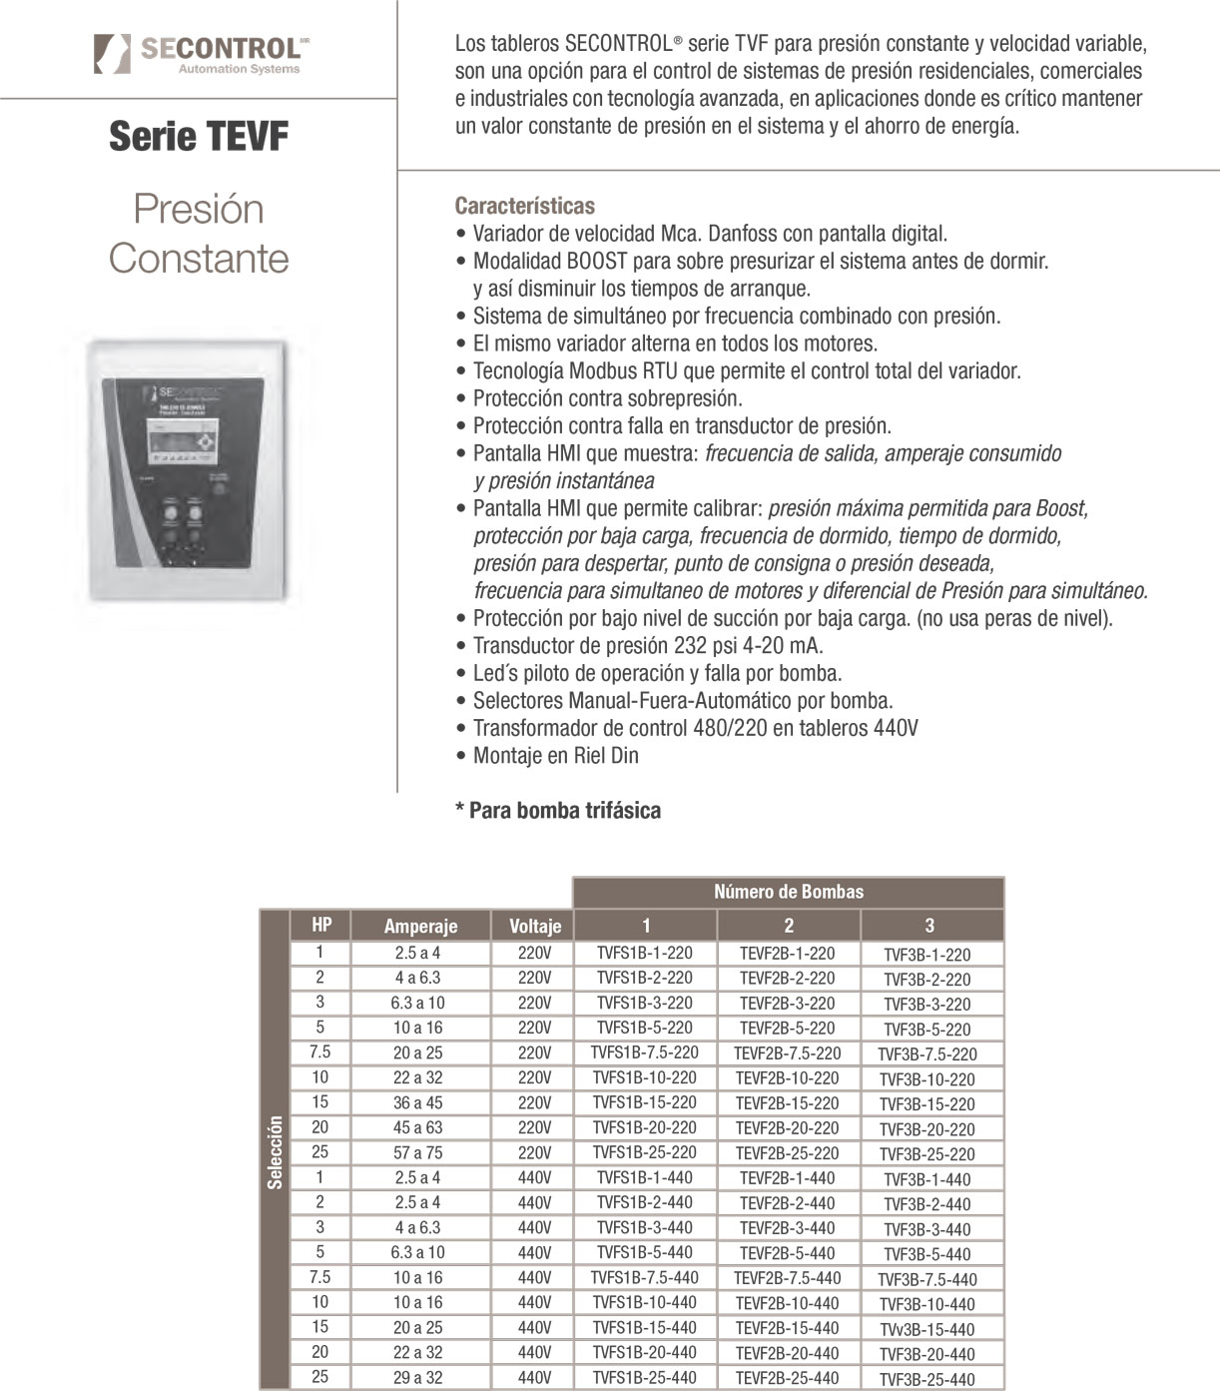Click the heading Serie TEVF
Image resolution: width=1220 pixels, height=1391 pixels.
199,136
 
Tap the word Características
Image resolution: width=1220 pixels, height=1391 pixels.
524,206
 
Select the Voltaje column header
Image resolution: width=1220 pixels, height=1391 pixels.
535,926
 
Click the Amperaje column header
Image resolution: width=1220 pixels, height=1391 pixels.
420,926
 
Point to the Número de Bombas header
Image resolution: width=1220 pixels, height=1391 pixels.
788,892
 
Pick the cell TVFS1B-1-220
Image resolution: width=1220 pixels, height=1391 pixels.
644,953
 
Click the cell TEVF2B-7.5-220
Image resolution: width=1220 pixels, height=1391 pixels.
787,1052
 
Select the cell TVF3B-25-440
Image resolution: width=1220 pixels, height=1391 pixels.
928,1379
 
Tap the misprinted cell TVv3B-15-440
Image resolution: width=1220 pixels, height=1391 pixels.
928,1329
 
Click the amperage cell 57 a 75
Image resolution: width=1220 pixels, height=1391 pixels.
418,1152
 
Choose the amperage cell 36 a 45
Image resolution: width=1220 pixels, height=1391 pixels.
418,1102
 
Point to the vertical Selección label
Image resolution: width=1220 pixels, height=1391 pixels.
276,1151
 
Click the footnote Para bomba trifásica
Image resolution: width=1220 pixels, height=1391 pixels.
558,810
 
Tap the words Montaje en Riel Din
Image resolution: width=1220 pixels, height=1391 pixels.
555,755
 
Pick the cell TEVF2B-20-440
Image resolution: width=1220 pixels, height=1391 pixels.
787,1353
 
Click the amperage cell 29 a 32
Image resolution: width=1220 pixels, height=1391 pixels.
418,1377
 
